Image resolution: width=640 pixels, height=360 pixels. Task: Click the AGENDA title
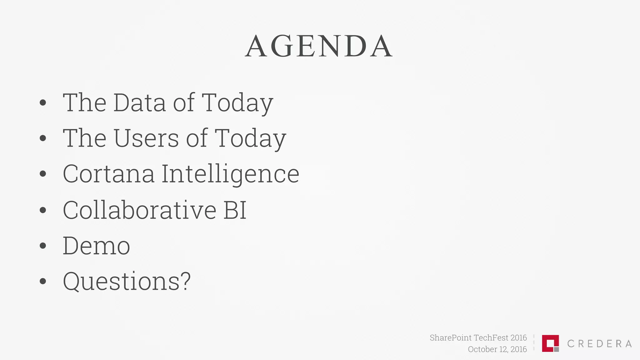(x=319, y=47)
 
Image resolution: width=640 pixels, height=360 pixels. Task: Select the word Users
(x=146, y=138)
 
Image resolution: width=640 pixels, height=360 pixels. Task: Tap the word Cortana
(x=108, y=174)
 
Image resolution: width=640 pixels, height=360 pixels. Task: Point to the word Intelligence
(x=230, y=174)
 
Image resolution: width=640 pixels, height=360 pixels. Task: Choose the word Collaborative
(x=139, y=210)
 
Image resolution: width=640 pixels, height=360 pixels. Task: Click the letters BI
(x=235, y=210)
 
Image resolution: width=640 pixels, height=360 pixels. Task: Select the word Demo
(x=96, y=246)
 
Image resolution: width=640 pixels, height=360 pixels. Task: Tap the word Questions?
(x=127, y=281)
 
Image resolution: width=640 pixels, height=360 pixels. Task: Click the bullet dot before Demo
(x=43, y=246)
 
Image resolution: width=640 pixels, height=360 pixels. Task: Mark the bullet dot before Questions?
(x=43, y=281)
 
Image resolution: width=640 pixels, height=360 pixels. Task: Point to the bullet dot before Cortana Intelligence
(x=43, y=174)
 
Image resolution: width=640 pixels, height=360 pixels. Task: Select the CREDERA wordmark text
(x=599, y=344)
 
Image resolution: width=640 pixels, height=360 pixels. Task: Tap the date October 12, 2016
(x=497, y=349)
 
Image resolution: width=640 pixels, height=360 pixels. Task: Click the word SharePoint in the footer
(x=450, y=338)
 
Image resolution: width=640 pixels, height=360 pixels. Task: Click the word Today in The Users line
(x=250, y=138)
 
